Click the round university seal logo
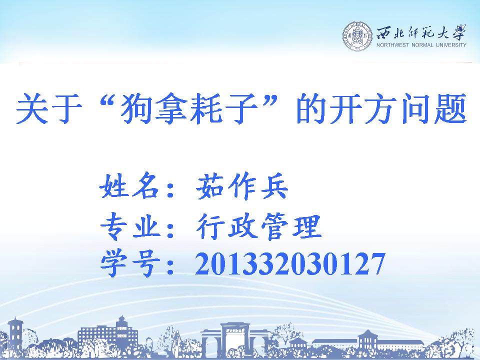tap(357, 36)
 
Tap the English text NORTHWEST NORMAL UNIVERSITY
tap(421, 45)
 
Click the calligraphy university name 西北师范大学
tap(421, 32)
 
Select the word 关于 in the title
tap(49, 108)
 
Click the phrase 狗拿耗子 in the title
tap(189, 108)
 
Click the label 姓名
tap(130, 185)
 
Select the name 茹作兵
tap(242, 186)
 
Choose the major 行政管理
tap(258, 226)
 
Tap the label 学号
tap(130, 263)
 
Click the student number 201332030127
tap(290, 263)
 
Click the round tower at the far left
tap(15, 334)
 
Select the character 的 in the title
tap(311, 108)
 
